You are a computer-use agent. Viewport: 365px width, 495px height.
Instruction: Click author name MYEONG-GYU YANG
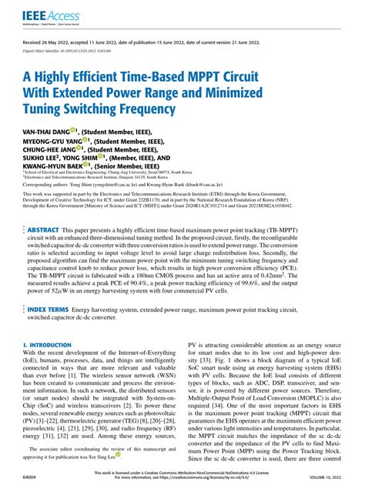(50, 142)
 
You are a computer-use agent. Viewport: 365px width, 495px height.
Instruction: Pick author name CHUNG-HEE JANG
(48, 152)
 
